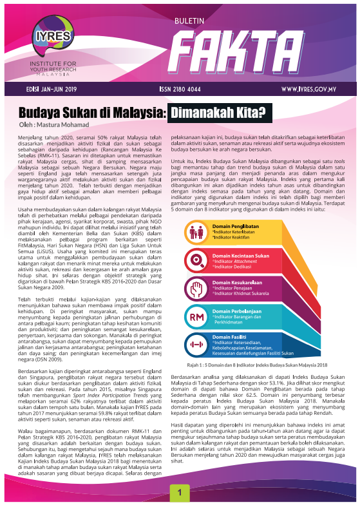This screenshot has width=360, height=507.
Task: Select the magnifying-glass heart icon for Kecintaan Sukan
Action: (194, 260)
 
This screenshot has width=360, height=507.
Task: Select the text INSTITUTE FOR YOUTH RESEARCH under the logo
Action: (45, 65)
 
